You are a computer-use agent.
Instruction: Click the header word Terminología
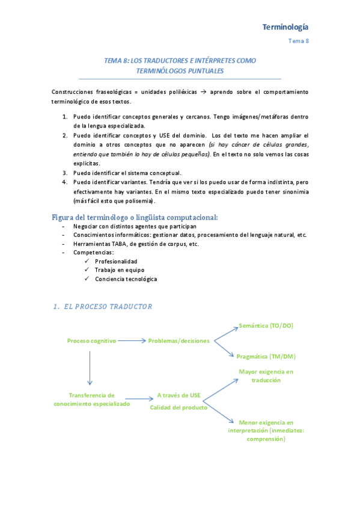click(285, 27)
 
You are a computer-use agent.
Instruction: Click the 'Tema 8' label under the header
click(298, 41)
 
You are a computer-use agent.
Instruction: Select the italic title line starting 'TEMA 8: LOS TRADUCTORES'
click(180, 61)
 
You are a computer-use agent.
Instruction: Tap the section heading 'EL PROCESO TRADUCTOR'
click(107, 306)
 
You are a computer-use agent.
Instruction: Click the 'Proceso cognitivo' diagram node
click(91, 341)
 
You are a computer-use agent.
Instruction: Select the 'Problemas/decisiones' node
click(179, 341)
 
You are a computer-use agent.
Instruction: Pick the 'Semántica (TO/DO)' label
click(266, 325)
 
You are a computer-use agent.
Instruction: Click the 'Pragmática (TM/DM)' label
click(266, 357)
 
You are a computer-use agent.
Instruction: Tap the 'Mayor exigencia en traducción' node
click(266, 376)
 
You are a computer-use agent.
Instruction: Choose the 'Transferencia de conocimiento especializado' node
click(91, 400)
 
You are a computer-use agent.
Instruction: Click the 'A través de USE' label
click(178, 396)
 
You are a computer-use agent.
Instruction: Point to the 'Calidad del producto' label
click(178, 408)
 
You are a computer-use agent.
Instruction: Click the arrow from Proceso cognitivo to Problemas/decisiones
click(131, 341)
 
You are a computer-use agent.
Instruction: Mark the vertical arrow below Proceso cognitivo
click(90, 367)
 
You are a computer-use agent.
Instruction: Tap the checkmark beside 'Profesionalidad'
click(88, 261)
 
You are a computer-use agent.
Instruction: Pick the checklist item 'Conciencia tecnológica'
click(126, 279)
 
